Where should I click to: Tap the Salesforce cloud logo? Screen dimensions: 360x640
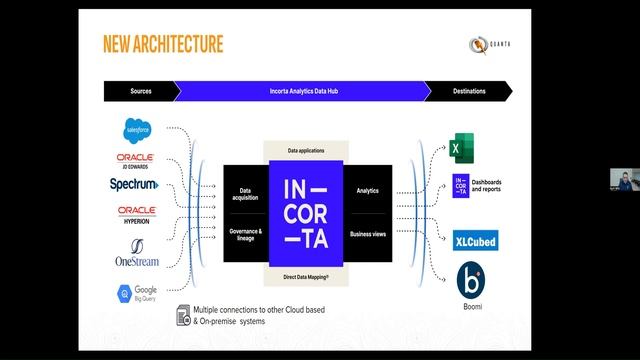click(x=136, y=130)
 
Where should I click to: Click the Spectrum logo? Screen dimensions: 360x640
click(x=135, y=184)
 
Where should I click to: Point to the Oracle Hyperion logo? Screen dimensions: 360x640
click(x=135, y=214)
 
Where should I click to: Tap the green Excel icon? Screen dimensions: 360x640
click(x=460, y=148)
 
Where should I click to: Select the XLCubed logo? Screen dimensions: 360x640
click(x=475, y=241)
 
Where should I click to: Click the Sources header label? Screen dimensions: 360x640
click(x=141, y=91)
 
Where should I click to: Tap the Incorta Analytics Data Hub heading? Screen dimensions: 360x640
click(x=304, y=91)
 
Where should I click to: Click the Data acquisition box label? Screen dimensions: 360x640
click(x=245, y=193)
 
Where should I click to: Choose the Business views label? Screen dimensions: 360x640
click(x=366, y=234)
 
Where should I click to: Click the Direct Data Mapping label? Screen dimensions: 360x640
click(x=305, y=274)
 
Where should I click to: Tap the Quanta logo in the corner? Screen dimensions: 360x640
click(x=490, y=45)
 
